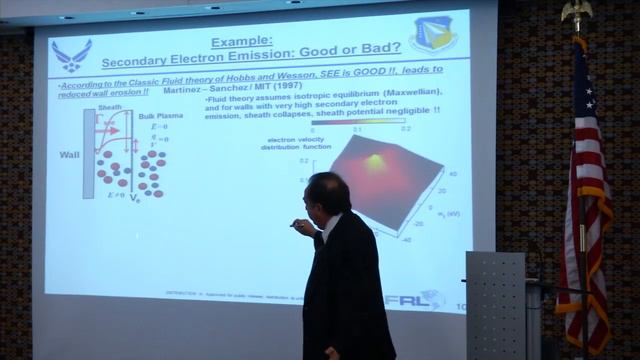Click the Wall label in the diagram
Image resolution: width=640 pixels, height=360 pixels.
(x=69, y=156)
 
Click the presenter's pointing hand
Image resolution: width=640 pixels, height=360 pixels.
(x=297, y=224)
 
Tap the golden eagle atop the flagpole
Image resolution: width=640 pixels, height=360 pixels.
(x=576, y=12)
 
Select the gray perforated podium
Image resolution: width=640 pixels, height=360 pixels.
(x=495, y=305)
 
